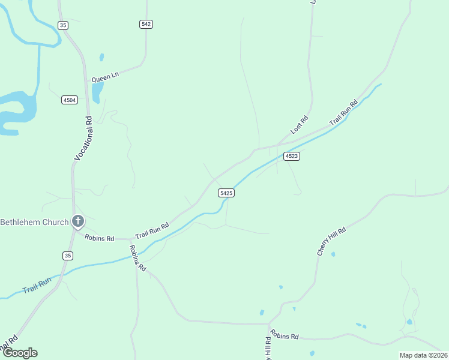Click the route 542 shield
click(x=146, y=24)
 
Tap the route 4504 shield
click(x=70, y=100)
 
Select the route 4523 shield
click(x=292, y=156)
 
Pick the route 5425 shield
click(x=226, y=193)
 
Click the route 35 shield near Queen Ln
click(x=64, y=25)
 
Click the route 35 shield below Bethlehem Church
click(x=68, y=256)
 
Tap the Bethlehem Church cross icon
click(x=77, y=221)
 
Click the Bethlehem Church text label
click(x=34, y=222)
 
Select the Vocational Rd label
click(x=83, y=137)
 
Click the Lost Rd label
click(x=299, y=124)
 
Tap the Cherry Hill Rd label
click(x=332, y=242)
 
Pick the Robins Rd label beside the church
click(x=99, y=238)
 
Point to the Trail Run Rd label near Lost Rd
click(x=343, y=112)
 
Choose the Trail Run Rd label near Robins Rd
click(x=152, y=229)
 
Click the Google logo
click(x=19, y=353)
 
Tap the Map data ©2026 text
click(x=423, y=355)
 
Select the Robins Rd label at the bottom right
click(x=285, y=335)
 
